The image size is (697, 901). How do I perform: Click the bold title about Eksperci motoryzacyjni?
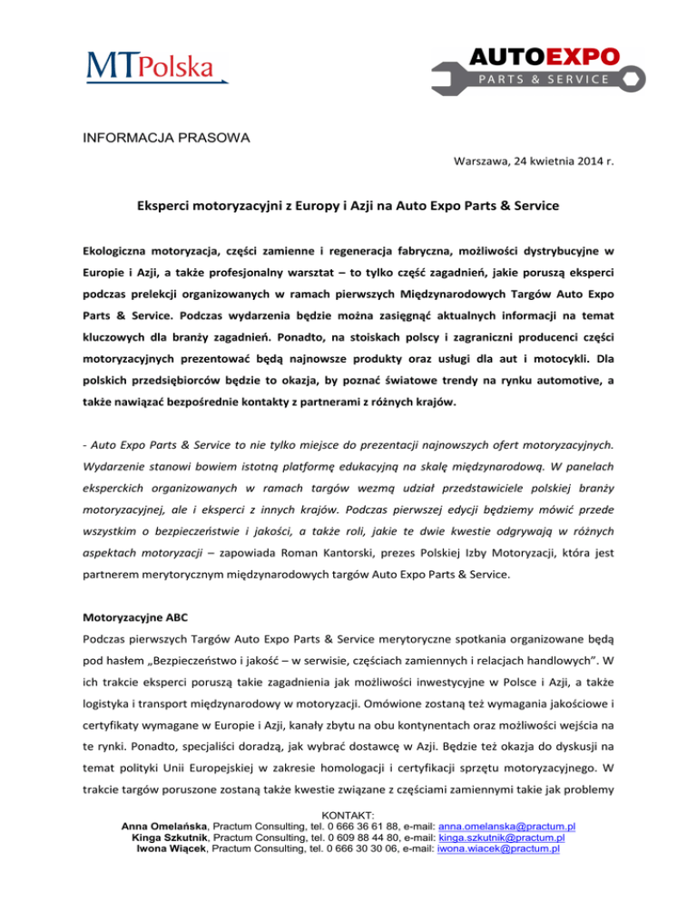(348, 206)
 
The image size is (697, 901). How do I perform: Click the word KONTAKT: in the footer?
(348, 817)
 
